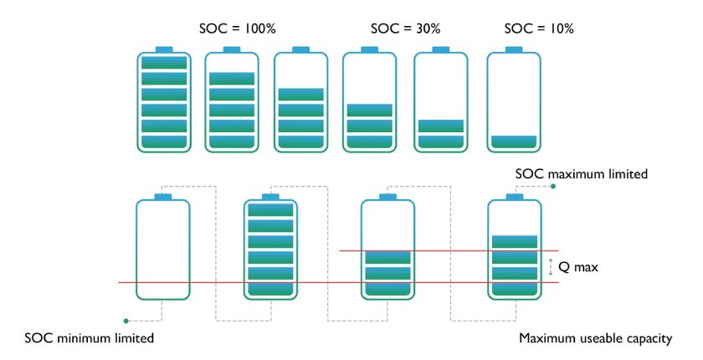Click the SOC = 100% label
(x=237, y=28)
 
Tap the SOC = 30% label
(x=405, y=28)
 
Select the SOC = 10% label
(x=539, y=28)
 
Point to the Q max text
(x=578, y=267)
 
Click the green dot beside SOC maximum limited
(x=553, y=186)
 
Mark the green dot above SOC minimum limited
(x=126, y=321)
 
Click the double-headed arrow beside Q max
(x=551, y=267)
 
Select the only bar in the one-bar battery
(x=514, y=141)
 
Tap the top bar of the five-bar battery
(x=232, y=79)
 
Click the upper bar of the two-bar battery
(x=441, y=126)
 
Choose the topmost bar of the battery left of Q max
(x=515, y=242)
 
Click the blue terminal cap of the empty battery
(x=162, y=197)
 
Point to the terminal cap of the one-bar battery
(x=514, y=49)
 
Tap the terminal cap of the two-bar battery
(x=441, y=49)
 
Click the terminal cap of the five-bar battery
(x=232, y=49)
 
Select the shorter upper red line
(x=449, y=250)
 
